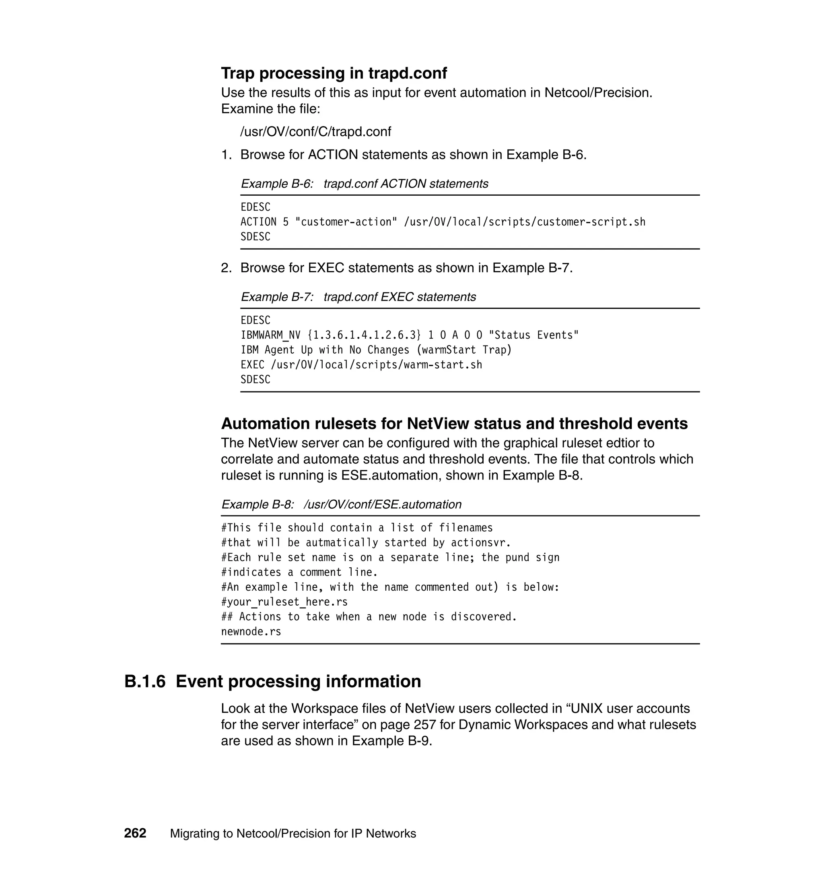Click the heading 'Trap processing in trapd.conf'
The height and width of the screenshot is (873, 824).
(x=334, y=73)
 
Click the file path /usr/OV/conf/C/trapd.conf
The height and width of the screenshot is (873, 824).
(x=315, y=131)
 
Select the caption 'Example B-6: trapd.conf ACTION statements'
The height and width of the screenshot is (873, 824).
(x=364, y=184)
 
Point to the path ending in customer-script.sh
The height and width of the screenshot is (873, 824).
(x=524, y=222)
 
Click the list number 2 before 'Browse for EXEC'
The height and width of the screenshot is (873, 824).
(x=226, y=268)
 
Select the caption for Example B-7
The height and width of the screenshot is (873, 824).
(x=358, y=297)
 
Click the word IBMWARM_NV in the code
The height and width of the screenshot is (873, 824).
(x=270, y=335)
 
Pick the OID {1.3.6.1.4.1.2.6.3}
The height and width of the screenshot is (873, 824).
(x=364, y=335)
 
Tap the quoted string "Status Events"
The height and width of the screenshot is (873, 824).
(x=534, y=335)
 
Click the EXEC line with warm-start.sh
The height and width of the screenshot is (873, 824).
(x=361, y=365)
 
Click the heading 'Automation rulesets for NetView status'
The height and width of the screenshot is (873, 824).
(x=454, y=424)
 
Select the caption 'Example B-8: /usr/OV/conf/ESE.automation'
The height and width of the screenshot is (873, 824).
(x=341, y=505)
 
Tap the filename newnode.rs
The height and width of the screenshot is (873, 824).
(x=251, y=632)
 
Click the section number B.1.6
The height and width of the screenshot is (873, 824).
(x=145, y=682)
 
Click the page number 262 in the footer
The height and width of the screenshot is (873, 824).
(x=135, y=834)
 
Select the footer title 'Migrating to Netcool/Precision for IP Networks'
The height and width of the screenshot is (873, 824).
(x=293, y=834)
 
